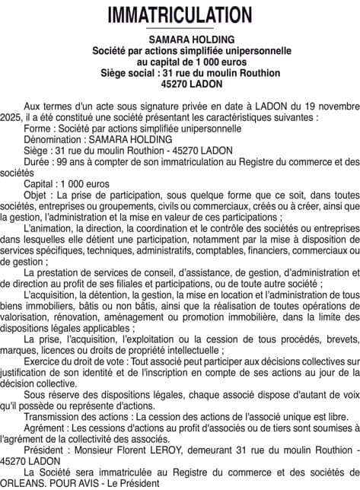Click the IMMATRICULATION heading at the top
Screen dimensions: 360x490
coord(180,15)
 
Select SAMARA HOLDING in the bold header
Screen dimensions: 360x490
coord(180,40)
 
